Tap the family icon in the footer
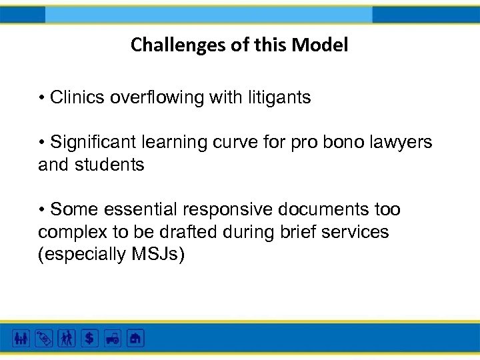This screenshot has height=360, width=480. [21, 338]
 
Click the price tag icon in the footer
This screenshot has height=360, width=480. [44, 338]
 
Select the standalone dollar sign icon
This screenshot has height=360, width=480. [89, 338]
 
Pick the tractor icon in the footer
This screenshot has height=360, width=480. [112, 338]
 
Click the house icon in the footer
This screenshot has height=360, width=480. [135, 338]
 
